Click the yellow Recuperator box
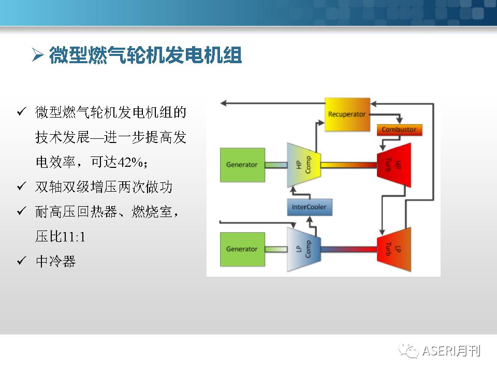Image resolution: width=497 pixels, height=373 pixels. coord(347,114)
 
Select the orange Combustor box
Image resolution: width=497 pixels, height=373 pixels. coord(399,130)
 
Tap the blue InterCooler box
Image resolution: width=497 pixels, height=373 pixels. coord(310,207)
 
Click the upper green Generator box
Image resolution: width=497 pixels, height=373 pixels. coord(242,165)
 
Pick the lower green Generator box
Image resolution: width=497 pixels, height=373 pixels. coord(242,249)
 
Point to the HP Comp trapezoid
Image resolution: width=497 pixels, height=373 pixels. coord(304,165)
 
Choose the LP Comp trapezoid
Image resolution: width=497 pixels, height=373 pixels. coord(304,249)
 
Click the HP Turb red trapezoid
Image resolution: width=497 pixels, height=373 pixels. coord(394,165)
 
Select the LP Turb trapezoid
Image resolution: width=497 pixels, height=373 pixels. coord(394,249)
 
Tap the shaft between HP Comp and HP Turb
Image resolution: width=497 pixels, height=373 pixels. coord(348,165)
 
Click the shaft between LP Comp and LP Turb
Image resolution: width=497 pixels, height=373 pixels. coord(348,249)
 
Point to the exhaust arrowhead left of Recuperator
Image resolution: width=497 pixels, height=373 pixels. coord(224,103)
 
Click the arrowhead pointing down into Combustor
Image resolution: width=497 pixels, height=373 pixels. coord(399,121)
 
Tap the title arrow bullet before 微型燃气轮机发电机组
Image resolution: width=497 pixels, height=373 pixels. coord(38,55)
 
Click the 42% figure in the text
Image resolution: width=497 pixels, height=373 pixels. coord(130,162)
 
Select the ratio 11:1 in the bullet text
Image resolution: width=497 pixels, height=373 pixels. coord(74,237)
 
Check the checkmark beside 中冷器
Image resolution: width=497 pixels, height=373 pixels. coord(22,261)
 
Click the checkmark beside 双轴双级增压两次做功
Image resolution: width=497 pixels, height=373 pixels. coord(22,186)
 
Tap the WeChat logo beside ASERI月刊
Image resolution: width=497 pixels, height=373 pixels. coord(409,351)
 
